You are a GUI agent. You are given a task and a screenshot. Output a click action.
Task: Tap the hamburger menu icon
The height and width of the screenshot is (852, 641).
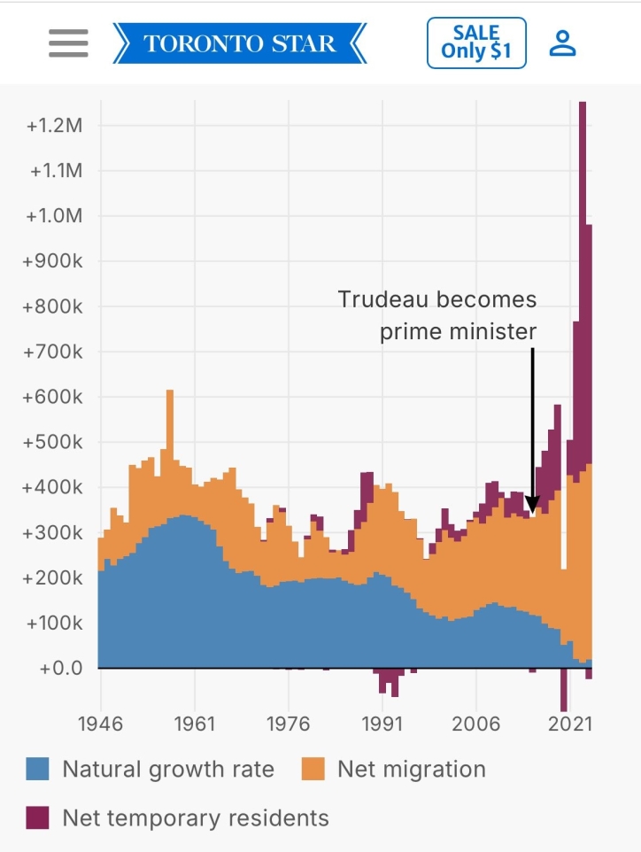point(68,43)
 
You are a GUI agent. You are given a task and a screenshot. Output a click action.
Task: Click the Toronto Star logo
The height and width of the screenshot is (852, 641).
point(239,43)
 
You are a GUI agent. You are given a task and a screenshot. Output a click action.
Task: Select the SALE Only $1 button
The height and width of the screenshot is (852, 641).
point(476,43)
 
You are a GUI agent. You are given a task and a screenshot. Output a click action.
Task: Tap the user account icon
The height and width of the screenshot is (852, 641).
point(562,43)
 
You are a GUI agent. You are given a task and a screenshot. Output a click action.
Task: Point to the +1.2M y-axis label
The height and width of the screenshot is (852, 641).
point(55,126)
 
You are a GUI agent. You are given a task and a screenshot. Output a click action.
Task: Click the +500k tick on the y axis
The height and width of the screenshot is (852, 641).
point(53,442)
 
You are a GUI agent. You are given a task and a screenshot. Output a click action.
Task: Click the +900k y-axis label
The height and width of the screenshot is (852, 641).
point(53,261)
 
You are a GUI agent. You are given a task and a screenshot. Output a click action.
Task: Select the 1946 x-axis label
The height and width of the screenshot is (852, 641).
point(100,723)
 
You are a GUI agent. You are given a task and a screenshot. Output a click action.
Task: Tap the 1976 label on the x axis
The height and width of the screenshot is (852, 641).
point(288,723)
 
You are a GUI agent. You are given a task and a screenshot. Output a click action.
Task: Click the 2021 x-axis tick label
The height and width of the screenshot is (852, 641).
point(570,723)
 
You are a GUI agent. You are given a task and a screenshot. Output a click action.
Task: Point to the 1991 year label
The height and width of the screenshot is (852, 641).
point(382,723)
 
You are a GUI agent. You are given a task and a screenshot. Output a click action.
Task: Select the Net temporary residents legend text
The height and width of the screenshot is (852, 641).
point(195,817)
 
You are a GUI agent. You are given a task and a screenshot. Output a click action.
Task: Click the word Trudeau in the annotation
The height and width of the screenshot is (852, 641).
point(381,299)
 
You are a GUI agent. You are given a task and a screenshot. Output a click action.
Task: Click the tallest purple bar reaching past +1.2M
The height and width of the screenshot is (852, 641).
point(582,266)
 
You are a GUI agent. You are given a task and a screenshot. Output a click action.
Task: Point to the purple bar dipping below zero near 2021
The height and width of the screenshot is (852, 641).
point(563,691)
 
